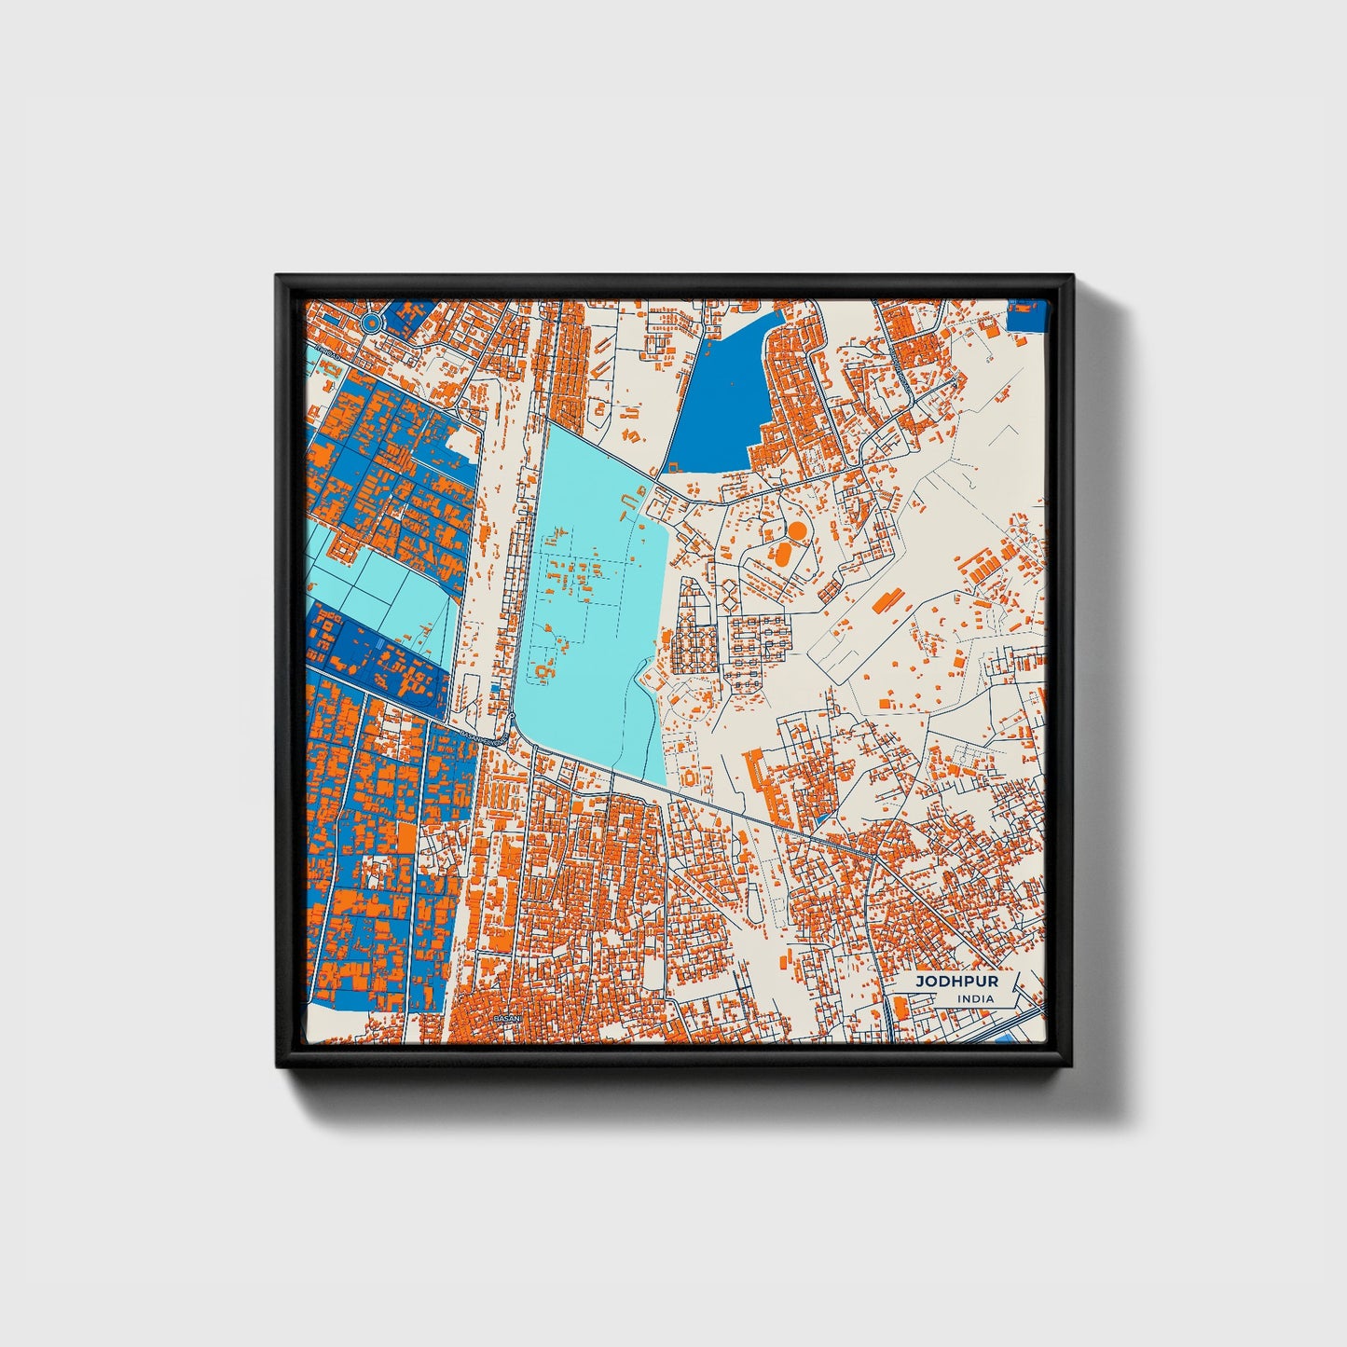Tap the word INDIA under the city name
[974, 998]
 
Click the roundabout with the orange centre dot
[371, 323]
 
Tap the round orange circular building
[797, 530]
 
